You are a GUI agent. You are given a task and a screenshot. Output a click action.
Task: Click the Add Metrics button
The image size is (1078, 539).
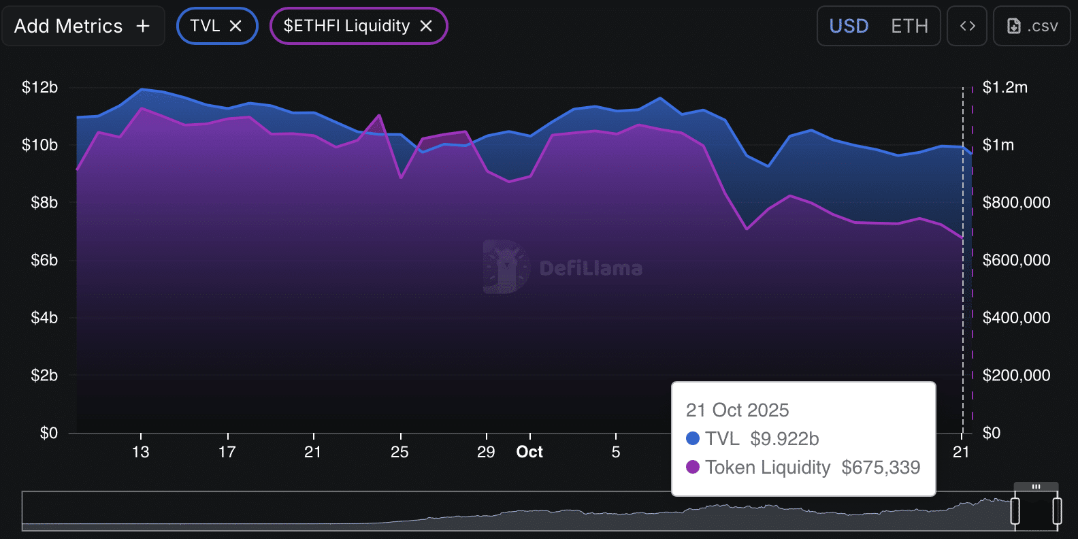(x=82, y=26)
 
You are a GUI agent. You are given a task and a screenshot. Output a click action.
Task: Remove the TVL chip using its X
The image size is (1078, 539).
(x=235, y=26)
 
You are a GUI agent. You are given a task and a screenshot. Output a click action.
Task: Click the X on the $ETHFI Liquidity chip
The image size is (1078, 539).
(x=426, y=26)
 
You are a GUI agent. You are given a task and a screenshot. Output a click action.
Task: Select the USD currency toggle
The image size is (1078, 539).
(x=849, y=26)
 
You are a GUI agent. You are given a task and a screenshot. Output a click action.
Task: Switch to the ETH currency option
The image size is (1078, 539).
(x=909, y=26)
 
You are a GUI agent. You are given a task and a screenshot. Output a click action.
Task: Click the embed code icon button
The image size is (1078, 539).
(x=967, y=26)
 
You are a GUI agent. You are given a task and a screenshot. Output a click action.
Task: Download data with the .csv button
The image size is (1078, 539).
(x=1032, y=26)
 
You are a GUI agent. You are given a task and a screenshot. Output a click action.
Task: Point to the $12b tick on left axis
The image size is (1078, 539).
(x=39, y=87)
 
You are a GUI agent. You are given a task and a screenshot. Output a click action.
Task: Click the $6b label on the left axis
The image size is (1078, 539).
(x=44, y=260)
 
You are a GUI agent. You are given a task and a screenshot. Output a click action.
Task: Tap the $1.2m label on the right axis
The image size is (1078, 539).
(x=1005, y=87)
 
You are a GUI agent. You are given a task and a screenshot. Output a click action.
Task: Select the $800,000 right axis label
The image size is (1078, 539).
(x=1016, y=202)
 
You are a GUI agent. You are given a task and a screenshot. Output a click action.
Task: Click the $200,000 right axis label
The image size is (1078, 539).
(x=1016, y=375)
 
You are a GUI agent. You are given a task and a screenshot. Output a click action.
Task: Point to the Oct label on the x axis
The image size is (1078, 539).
(x=529, y=452)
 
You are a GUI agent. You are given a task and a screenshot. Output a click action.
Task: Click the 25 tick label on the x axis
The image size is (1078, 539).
(x=399, y=452)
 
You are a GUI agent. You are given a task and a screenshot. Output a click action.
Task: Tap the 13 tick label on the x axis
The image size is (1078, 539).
(x=140, y=452)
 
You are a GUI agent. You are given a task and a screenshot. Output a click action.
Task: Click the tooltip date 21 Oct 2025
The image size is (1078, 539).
(x=737, y=410)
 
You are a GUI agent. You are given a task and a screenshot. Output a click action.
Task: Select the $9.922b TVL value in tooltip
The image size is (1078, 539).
(x=784, y=439)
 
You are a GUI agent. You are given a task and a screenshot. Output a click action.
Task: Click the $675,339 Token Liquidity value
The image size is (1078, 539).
(x=881, y=468)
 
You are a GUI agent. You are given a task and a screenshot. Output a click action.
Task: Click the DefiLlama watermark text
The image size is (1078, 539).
(x=591, y=269)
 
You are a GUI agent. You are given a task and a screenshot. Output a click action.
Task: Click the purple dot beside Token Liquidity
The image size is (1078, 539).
(x=693, y=467)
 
